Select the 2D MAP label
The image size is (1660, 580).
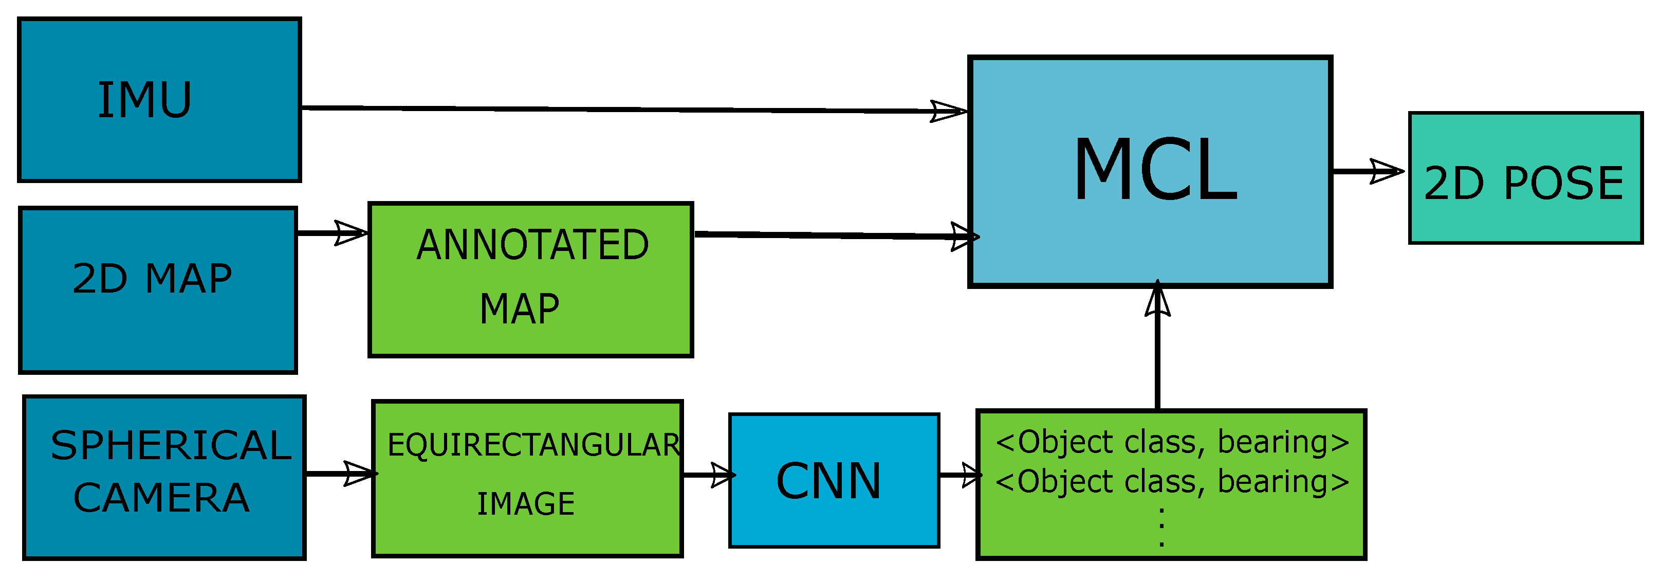[x=152, y=279]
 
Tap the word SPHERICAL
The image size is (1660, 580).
[x=171, y=445]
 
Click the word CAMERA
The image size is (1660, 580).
[x=161, y=498]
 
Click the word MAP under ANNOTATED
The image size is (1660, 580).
[x=520, y=309]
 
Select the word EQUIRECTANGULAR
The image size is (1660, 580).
[x=533, y=445]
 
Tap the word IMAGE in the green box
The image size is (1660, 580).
[x=525, y=504]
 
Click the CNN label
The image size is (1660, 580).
[x=828, y=481]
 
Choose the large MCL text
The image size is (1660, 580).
[x=1155, y=170]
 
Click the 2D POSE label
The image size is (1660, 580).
[x=1523, y=184]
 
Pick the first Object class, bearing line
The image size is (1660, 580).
[x=1172, y=442]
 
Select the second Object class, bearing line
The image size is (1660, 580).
[x=1172, y=481]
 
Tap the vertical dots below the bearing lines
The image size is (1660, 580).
[x=1161, y=528]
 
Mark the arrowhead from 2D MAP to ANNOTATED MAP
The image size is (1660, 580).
[x=351, y=232]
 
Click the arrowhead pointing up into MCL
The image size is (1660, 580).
[x=1157, y=300]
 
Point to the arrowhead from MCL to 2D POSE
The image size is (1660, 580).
[x=1386, y=171]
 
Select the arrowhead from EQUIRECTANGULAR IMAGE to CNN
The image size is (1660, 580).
[x=723, y=476]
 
